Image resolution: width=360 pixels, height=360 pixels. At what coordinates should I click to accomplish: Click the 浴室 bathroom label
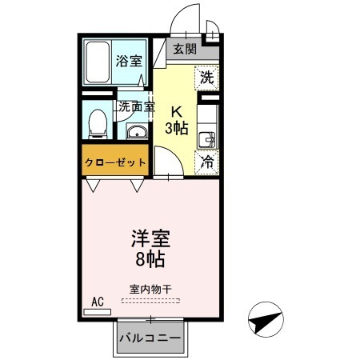point(129,61)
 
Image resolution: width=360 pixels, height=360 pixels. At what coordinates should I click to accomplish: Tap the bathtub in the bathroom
point(98,62)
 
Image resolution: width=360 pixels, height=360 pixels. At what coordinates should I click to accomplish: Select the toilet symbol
point(98,124)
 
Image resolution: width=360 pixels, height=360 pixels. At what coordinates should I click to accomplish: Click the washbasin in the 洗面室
point(137,131)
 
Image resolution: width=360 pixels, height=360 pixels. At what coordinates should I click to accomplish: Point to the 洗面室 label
point(137,106)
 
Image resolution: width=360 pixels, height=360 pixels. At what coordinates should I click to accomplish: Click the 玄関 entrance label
point(185,49)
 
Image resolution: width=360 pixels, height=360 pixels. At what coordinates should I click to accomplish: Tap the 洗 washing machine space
point(207,78)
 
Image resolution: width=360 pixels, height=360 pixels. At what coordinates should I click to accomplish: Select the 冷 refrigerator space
point(207,162)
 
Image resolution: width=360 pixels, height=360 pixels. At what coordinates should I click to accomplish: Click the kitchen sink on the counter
point(207,140)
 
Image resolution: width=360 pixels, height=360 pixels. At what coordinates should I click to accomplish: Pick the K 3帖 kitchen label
point(177,120)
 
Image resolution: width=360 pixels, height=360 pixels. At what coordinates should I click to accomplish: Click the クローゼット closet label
point(115,162)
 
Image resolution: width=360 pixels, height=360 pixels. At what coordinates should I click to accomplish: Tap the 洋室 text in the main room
point(150,238)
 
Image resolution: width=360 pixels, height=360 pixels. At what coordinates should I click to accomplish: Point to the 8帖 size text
point(150,258)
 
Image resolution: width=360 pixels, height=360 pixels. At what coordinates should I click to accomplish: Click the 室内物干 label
point(150,289)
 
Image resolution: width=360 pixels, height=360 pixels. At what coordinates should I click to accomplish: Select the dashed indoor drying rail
point(150,301)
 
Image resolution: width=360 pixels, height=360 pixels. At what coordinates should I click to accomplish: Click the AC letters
point(98,302)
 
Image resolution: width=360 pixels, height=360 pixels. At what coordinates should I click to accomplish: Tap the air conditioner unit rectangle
point(98,312)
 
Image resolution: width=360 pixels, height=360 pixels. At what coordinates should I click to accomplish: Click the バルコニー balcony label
point(150,338)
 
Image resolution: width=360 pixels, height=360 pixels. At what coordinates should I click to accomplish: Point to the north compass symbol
point(266,319)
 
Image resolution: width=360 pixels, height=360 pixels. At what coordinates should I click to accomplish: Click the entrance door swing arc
point(178,13)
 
